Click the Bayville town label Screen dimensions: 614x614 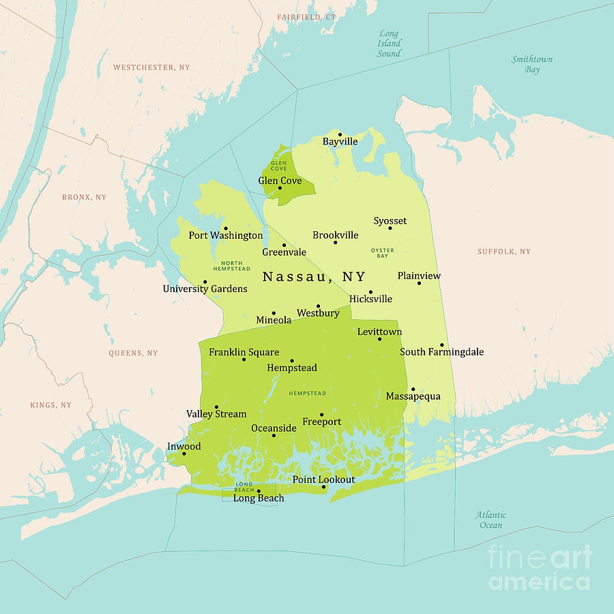340,142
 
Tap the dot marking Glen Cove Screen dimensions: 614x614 280,188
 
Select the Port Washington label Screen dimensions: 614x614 226,235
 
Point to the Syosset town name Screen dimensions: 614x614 390,221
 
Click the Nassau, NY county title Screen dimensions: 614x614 314,277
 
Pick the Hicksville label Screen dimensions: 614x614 370,299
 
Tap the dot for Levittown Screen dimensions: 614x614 380,339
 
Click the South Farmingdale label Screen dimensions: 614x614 442,352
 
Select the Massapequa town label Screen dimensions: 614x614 413,396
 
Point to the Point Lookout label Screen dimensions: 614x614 324,480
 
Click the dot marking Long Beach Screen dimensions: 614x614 259,491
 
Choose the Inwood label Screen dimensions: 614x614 184,446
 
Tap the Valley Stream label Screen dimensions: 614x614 216,414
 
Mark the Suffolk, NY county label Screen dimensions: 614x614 503,252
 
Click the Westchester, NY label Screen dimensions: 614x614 151,68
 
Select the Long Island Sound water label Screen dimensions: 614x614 389,43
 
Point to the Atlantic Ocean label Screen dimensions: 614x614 491,520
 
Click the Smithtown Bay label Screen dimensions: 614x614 532,64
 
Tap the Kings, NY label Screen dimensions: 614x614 50,405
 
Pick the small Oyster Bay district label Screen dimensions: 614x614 383,253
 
